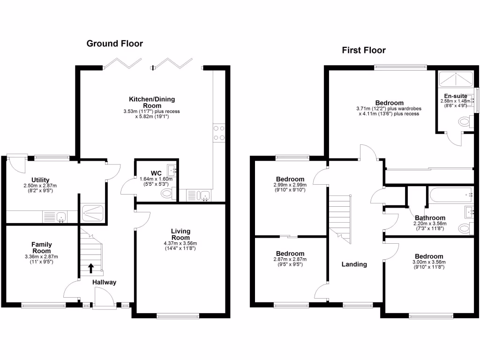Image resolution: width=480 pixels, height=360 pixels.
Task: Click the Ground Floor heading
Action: click(115, 44)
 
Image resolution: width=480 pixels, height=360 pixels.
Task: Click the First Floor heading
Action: click(364, 50)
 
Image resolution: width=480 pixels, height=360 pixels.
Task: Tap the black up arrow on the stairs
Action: click(90, 268)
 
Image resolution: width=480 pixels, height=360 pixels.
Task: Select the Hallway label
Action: click(104, 282)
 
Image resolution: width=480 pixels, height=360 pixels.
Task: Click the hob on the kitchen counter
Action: click(219, 132)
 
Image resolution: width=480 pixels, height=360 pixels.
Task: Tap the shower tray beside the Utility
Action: click(92, 214)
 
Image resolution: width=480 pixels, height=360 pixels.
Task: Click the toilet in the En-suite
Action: click(464, 123)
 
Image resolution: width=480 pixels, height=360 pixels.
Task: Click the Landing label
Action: click(354, 264)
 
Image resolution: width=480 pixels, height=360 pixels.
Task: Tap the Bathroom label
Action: click(430, 217)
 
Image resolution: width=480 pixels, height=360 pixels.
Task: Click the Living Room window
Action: click(178, 316)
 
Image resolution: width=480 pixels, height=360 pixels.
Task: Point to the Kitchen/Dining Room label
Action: click(148, 102)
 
